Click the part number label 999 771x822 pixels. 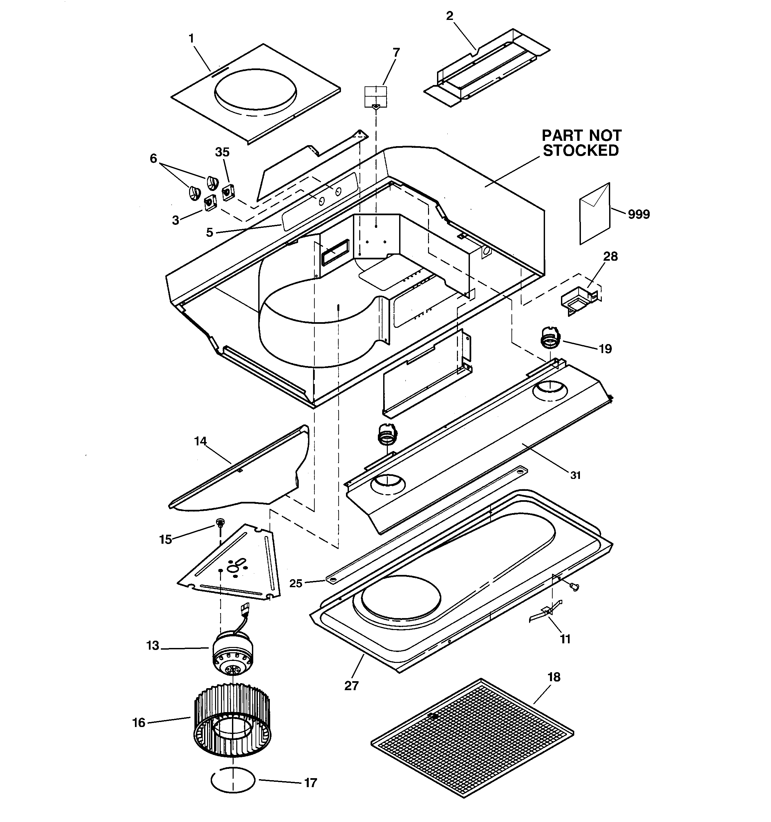tap(639, 214)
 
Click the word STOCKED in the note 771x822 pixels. tap(581, 150)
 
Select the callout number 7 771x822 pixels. tap(396, 52)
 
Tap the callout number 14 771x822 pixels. tap(200, 441)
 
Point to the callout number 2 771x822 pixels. tap(449, 16)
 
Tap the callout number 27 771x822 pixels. tap(351, 686)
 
